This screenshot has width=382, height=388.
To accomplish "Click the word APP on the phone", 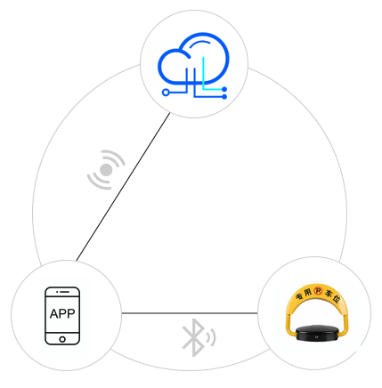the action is point(62,313).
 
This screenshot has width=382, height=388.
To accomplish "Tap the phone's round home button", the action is point(62,339).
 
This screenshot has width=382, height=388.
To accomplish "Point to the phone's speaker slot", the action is point(64,292).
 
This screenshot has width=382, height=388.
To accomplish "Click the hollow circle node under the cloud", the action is point(166,93).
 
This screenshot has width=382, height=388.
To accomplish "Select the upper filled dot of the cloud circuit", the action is point(224,89).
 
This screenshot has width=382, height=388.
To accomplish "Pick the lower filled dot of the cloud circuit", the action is point(224,97).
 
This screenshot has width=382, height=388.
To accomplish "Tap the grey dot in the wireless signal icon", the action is point(106,170).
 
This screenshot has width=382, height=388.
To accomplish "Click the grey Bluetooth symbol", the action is point(193,337).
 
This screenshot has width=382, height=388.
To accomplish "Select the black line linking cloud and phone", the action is point(123,187).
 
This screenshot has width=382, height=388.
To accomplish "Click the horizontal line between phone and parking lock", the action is point(190,313).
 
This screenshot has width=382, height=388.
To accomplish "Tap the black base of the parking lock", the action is point(318,332).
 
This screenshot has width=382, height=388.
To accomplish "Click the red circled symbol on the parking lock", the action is point(318,291).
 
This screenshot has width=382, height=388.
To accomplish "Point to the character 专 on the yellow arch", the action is point(299,296).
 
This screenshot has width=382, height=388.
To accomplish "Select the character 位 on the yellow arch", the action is point(336,299).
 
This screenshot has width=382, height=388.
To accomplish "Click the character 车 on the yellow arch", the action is point(329,293).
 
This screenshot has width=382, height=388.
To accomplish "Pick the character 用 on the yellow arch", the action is point(308,292).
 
